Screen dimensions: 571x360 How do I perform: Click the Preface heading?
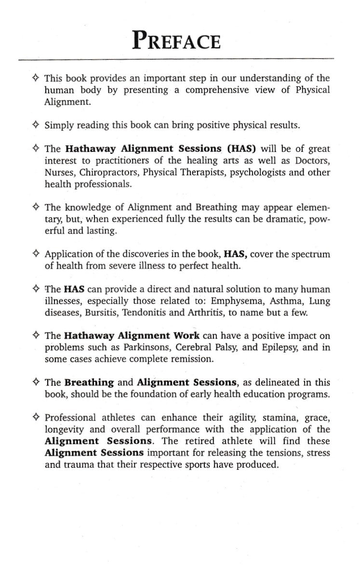click(177, 41)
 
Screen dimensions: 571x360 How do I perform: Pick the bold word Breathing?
click(89, 382)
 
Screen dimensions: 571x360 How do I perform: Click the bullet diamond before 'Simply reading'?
click(36, 125)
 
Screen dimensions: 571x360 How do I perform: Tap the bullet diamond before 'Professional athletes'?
click(36, 417)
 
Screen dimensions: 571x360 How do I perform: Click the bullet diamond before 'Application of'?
click(36, 254)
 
